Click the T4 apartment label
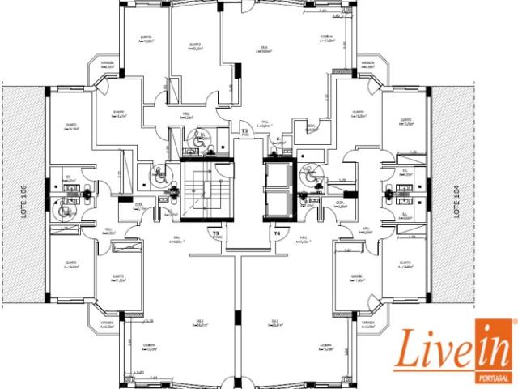pos(277,233)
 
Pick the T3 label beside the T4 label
pos(216,233)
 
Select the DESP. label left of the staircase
pos(138,206)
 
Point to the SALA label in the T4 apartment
pos(275,323)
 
